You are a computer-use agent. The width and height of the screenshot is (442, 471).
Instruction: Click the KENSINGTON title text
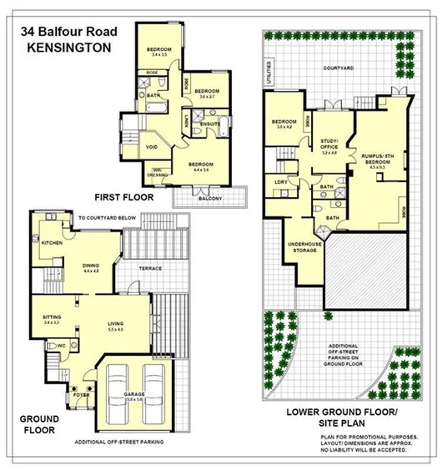click(x=69, y=48)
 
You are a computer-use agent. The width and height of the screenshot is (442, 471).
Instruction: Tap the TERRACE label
click(x=150, y=268)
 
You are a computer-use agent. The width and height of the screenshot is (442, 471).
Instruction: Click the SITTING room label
click(x=53, y=317)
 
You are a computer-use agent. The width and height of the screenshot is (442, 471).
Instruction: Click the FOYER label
click(x=80, y=395)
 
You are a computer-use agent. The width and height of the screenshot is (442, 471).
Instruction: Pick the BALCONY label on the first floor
click(x=209, y=200)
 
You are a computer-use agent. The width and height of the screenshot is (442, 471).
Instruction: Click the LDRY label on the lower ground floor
click(x=281, y=181)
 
